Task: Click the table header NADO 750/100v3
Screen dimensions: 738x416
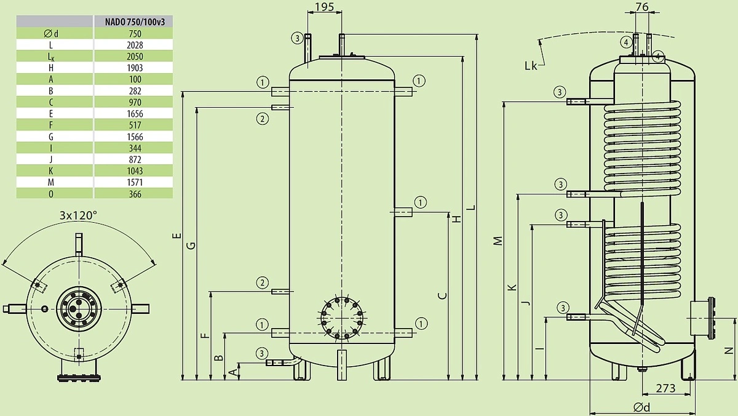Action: tap(135, 22)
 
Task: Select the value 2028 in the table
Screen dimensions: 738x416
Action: tap(135, 45)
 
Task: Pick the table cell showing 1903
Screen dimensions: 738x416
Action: tap(135, 68)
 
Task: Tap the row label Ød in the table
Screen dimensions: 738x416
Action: tap(50, 34)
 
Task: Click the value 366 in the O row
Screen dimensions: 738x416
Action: tap(135, 194)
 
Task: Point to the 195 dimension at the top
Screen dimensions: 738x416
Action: tap(325, 7)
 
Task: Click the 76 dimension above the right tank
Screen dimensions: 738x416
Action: tap(642, 7)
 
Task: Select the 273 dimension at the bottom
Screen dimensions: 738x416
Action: tap(666, 388)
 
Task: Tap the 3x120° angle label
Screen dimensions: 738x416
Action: tap(79, 215)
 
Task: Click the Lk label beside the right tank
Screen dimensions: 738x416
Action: tap(531, 66)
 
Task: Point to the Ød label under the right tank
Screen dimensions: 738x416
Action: tap(642, 407)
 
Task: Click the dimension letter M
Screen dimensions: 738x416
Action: tap(499, 241)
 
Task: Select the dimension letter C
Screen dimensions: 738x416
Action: tap(443, 295)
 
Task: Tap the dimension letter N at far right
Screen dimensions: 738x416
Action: tap(729, 351)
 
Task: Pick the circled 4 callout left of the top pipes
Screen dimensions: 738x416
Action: tap(626, 42)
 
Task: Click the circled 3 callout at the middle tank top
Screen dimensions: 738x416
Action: tap(297, 38)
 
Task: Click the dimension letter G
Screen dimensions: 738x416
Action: tap(191, 246)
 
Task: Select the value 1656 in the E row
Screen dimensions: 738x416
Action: tap(135, 114)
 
